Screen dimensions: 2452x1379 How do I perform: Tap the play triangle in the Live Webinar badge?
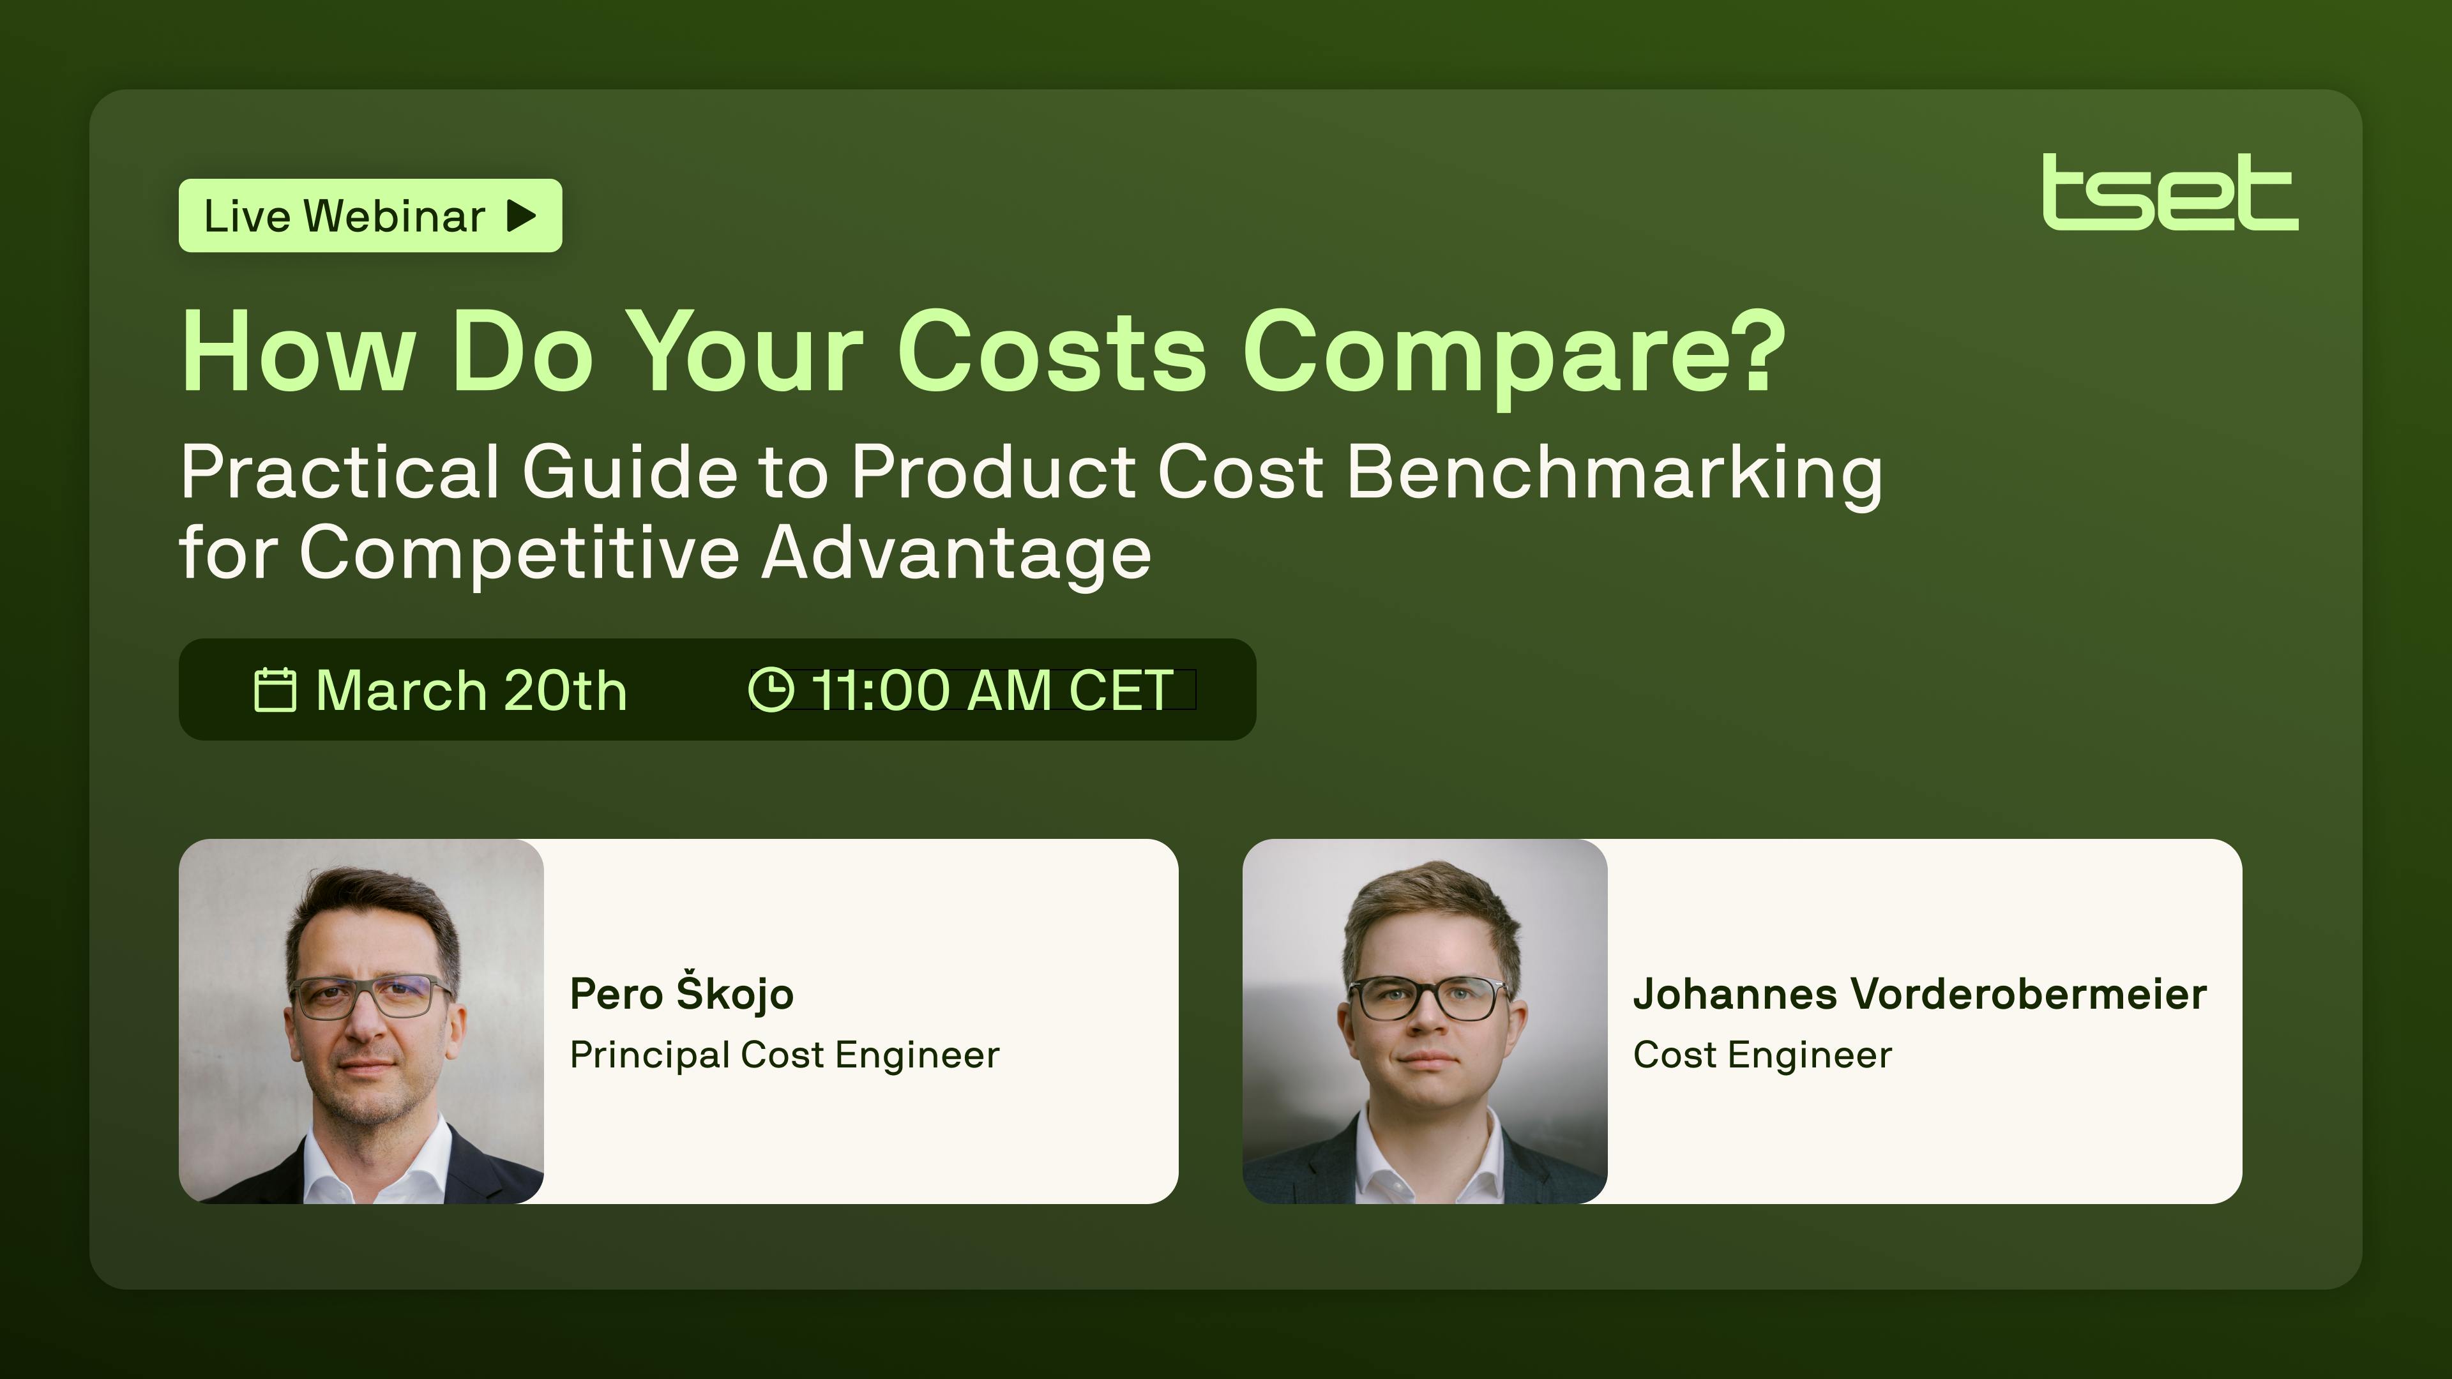[522, 216]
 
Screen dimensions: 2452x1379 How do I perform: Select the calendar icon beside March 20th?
[275, 690]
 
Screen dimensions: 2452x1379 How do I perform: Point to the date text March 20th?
[471, 690]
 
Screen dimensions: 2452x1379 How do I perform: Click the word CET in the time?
[1121, 690]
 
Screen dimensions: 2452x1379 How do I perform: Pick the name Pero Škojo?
[681, 993]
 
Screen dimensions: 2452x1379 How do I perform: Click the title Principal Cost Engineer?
[784, 1055]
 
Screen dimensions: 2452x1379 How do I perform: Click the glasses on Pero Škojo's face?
[371, 997]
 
